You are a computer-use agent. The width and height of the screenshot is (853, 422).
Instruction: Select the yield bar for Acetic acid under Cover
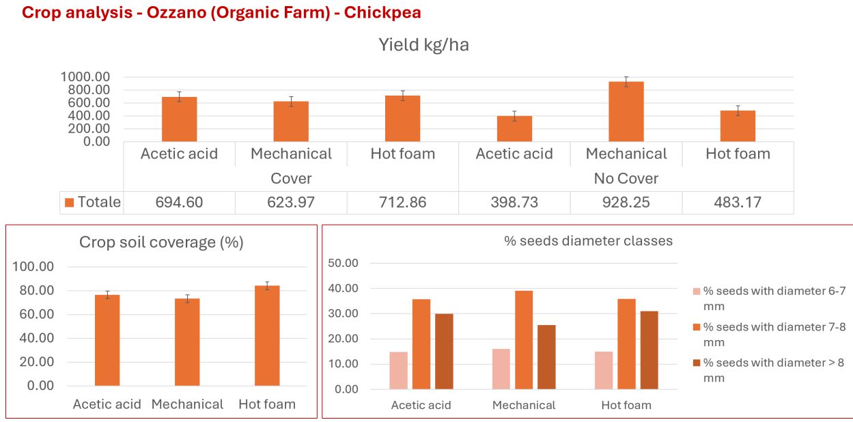click(x=179, y=119)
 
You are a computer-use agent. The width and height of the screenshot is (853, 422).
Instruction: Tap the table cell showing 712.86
click(x=402, y=202)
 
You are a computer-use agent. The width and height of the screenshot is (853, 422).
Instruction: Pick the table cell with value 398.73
click(x=514, y=202)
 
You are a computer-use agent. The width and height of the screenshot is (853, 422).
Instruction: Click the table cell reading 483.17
click(x=738, y=202)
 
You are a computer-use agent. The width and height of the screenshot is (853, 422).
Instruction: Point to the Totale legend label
click(x=98, y=202)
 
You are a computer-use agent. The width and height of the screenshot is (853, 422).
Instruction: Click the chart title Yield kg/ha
click(x=423, y=46)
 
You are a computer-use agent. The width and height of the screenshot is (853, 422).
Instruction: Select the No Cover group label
click(x=626, y=178)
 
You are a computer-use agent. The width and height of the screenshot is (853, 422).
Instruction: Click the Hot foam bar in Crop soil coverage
click(x=267, y=335)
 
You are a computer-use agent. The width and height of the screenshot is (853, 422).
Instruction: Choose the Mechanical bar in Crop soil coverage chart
click(x=187, y=341)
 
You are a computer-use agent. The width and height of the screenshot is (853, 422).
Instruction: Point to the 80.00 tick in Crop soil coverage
click(x=33, y=290)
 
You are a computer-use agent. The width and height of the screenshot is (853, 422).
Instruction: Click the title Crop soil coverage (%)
click(x=161, y=242)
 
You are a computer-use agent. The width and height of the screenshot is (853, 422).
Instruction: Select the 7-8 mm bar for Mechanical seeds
click(x=524, y=339)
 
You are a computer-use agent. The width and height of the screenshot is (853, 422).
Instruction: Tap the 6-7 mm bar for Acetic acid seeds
click(x=398, y=370)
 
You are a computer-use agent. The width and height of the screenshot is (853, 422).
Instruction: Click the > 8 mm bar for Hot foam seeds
click(x=649, y=350)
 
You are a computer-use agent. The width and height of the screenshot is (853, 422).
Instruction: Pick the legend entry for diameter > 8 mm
click(x=774, y=370)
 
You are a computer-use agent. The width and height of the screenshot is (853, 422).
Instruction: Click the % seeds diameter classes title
click(x=588, y=240)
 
